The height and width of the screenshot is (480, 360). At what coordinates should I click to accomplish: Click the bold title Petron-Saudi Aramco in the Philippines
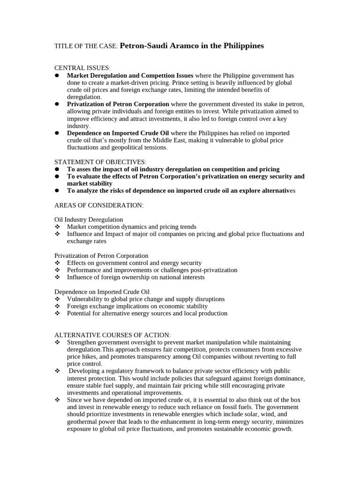[x=192, y=46]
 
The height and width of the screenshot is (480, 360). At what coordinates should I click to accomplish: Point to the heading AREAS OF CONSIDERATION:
[x=99, y=205]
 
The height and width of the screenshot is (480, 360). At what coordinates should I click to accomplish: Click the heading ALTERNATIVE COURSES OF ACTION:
[x=112, y=335]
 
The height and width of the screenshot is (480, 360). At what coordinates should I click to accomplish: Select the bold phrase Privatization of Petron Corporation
[x=118, y=104]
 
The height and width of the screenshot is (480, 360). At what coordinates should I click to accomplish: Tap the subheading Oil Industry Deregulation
[x=89, y=219]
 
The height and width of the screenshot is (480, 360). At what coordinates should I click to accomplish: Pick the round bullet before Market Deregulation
[x=57, y=75]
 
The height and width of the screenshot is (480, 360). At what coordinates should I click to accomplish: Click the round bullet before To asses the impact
[x=57, y=169]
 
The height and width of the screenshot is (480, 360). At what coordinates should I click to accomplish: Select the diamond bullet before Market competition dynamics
[x=57, y=227]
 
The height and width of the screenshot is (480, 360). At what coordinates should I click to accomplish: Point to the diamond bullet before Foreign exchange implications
[x=57, y=306]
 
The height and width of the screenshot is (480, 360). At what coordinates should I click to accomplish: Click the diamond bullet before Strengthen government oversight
[x=57, y=342]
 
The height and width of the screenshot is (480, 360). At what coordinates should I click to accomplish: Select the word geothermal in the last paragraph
[x=83, y=421]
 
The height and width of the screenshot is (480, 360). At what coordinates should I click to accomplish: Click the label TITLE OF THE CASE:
[x=86, y=46]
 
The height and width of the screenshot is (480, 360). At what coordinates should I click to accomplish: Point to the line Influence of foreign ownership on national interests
[x=135, y=277]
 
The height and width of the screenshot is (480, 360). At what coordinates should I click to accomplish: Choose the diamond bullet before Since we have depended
[x=57, y=400]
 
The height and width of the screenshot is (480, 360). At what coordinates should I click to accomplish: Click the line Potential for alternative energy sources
[x=147, y=313]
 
